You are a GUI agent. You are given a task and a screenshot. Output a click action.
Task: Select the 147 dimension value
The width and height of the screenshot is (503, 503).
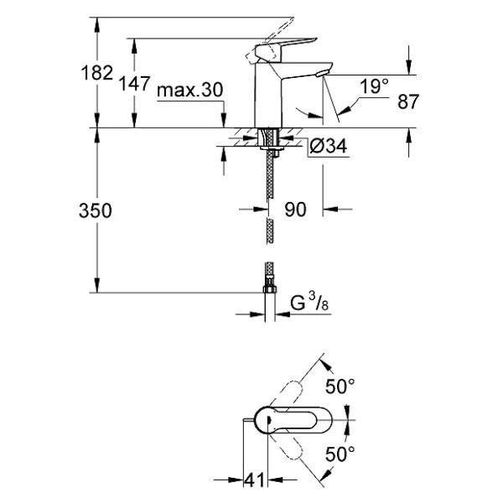point(136,84)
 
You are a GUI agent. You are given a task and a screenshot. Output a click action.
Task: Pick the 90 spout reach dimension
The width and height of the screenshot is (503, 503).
point(295,210)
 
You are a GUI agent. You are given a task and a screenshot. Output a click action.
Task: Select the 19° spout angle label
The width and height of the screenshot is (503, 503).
point(374,86)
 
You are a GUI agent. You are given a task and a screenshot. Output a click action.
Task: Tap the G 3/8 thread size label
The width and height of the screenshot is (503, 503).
point(309,303)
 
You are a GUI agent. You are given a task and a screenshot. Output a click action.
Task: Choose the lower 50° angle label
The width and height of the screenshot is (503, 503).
point(340,454)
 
